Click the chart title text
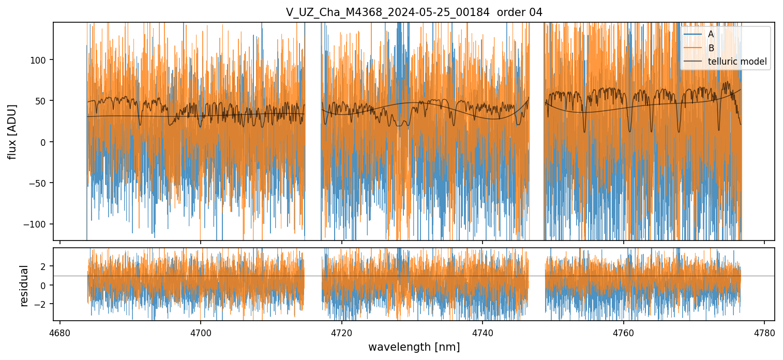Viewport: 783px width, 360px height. [414, 12]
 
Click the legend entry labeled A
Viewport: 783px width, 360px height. [711, 34]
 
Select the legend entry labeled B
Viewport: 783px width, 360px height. [711, 48]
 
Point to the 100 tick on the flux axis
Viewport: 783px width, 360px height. [39, 60]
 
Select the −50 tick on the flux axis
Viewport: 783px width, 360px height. [39, 183]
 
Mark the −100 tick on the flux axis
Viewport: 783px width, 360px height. [37, 224]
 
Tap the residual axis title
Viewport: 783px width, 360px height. [24, 286]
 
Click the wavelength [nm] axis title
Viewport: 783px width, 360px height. [414, 347]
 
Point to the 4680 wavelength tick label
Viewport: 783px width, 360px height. [60, 333]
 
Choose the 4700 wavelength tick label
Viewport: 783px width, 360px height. [201, 333]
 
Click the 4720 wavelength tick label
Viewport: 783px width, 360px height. [342, 333]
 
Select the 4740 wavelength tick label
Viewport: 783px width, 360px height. [483, 333]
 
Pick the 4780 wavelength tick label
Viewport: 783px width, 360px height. [764, 333]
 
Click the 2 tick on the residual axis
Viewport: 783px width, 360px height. [43, 266]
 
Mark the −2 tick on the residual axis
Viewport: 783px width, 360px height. [41, 304]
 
